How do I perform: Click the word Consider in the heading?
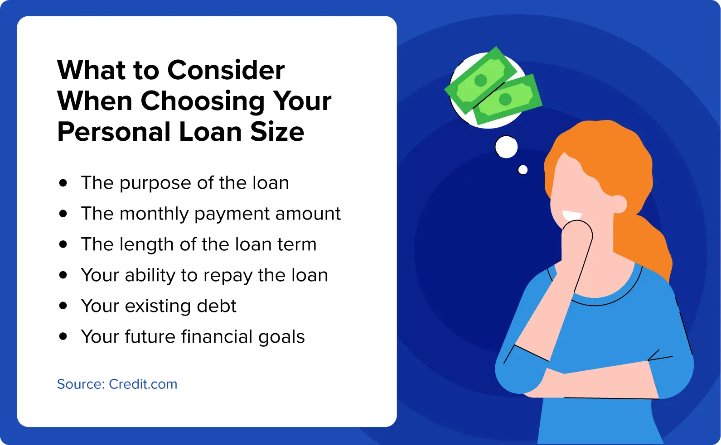(226, 70)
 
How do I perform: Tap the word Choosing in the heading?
(203, 102)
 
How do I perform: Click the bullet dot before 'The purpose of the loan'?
(63, 183)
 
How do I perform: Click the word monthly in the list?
(154, 214)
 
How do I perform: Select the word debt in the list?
(216, 306)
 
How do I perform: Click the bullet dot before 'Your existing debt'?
(63, 306)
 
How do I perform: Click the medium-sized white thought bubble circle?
(506, 147)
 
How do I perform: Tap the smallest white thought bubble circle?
(523, 169)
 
